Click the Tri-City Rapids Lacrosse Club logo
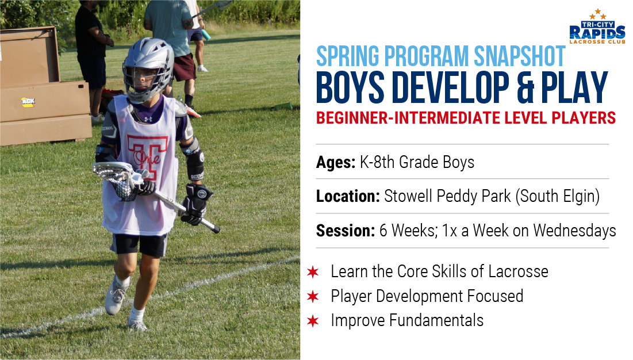tap(597, 26)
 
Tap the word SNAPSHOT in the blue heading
tap(520, 56)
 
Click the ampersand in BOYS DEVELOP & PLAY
tap(525, 87)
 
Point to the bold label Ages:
tap(336, 162)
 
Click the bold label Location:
tap(348, 196)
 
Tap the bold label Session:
tap(346, 231)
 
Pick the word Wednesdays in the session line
tap(574, 231)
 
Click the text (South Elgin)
tap(558, 196)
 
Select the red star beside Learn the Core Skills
tap(312, 272)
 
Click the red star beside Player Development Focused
tap(312, 297)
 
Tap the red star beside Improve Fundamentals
tap(312, 321)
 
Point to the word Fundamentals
tap(436, 320)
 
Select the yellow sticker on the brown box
tap(28, 101)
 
